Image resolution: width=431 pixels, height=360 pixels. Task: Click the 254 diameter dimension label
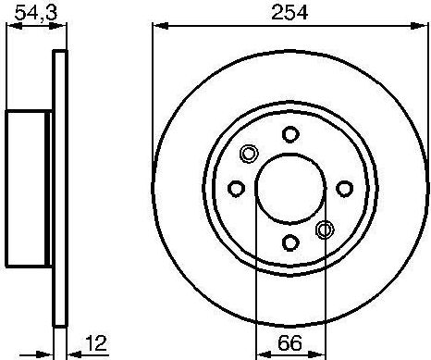(x=289, y=12)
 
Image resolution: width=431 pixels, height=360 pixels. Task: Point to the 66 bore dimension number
(x=290, y=341)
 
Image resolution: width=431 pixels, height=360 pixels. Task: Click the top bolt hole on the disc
(x=290, y=133)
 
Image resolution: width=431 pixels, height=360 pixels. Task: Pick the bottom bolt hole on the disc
(x=290, y=242)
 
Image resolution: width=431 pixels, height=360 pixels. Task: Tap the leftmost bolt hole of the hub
(x=236, y=188)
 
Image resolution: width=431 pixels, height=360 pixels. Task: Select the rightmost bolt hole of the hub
(x=345, y=188)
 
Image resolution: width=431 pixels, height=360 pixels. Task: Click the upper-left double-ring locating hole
(x=249, y=154)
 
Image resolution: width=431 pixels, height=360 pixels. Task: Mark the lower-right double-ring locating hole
(x=325, y=230)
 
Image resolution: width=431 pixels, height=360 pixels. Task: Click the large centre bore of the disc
(x=290, y=188)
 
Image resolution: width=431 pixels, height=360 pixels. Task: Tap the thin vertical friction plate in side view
(x=62, y=189)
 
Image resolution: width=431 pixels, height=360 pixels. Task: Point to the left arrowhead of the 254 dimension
(x=156, y=29)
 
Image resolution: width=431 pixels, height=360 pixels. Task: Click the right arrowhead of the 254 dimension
(x=423, y=29)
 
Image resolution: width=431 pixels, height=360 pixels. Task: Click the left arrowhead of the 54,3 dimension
(x=11, y=29)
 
